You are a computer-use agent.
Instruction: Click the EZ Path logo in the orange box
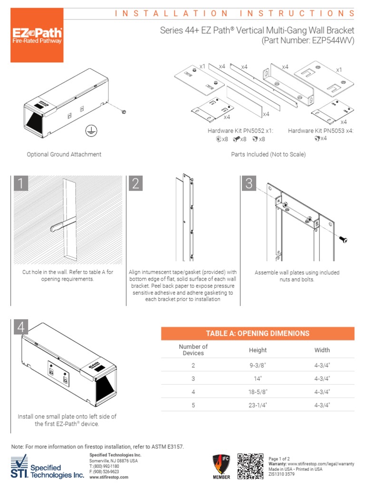tap(37, 37)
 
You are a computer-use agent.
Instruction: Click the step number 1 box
tap(20, 184)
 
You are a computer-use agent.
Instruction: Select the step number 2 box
tap(135, 184)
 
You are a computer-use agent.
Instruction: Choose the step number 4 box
tap(20, 328)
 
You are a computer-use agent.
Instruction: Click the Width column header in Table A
tap(322, 350)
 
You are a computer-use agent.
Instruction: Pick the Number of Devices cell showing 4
tap(193, 392)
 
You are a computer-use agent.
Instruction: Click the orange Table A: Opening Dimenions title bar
tap(258, 333)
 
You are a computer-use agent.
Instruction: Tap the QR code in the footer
tap(250, 466)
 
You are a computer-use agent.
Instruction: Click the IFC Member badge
tap(221, 467)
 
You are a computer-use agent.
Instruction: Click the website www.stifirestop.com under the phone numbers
tap(109, 477)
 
